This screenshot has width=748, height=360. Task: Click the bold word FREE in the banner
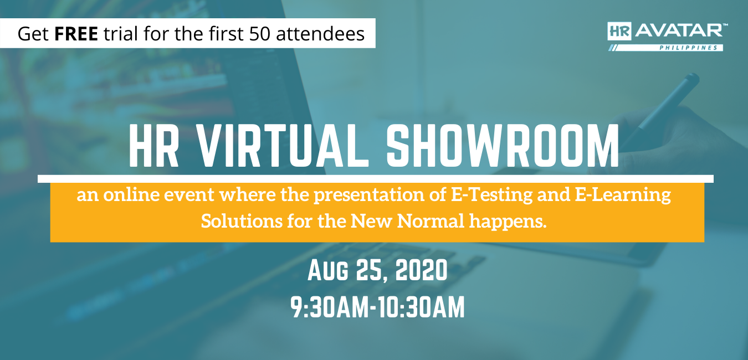[76, 34]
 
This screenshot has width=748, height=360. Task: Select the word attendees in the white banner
[320, 34]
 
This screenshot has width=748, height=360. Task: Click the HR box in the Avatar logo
[619, 31]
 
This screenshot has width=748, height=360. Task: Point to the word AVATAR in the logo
[679, 30]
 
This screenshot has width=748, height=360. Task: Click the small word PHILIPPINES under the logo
[688, 48]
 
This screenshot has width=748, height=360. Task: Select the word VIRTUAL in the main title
[282, 146]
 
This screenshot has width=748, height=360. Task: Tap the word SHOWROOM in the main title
[503, 146]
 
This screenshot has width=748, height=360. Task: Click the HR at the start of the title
[154, 146]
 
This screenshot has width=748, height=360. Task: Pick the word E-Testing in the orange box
[491, 195]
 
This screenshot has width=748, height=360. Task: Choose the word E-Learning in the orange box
[623, 195]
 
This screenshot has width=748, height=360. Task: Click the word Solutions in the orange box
[242, 221]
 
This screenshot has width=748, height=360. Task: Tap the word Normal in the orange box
[431, 221]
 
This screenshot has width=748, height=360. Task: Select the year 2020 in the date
[422, 270]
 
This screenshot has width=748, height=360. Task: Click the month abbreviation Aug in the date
[329, 271]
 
